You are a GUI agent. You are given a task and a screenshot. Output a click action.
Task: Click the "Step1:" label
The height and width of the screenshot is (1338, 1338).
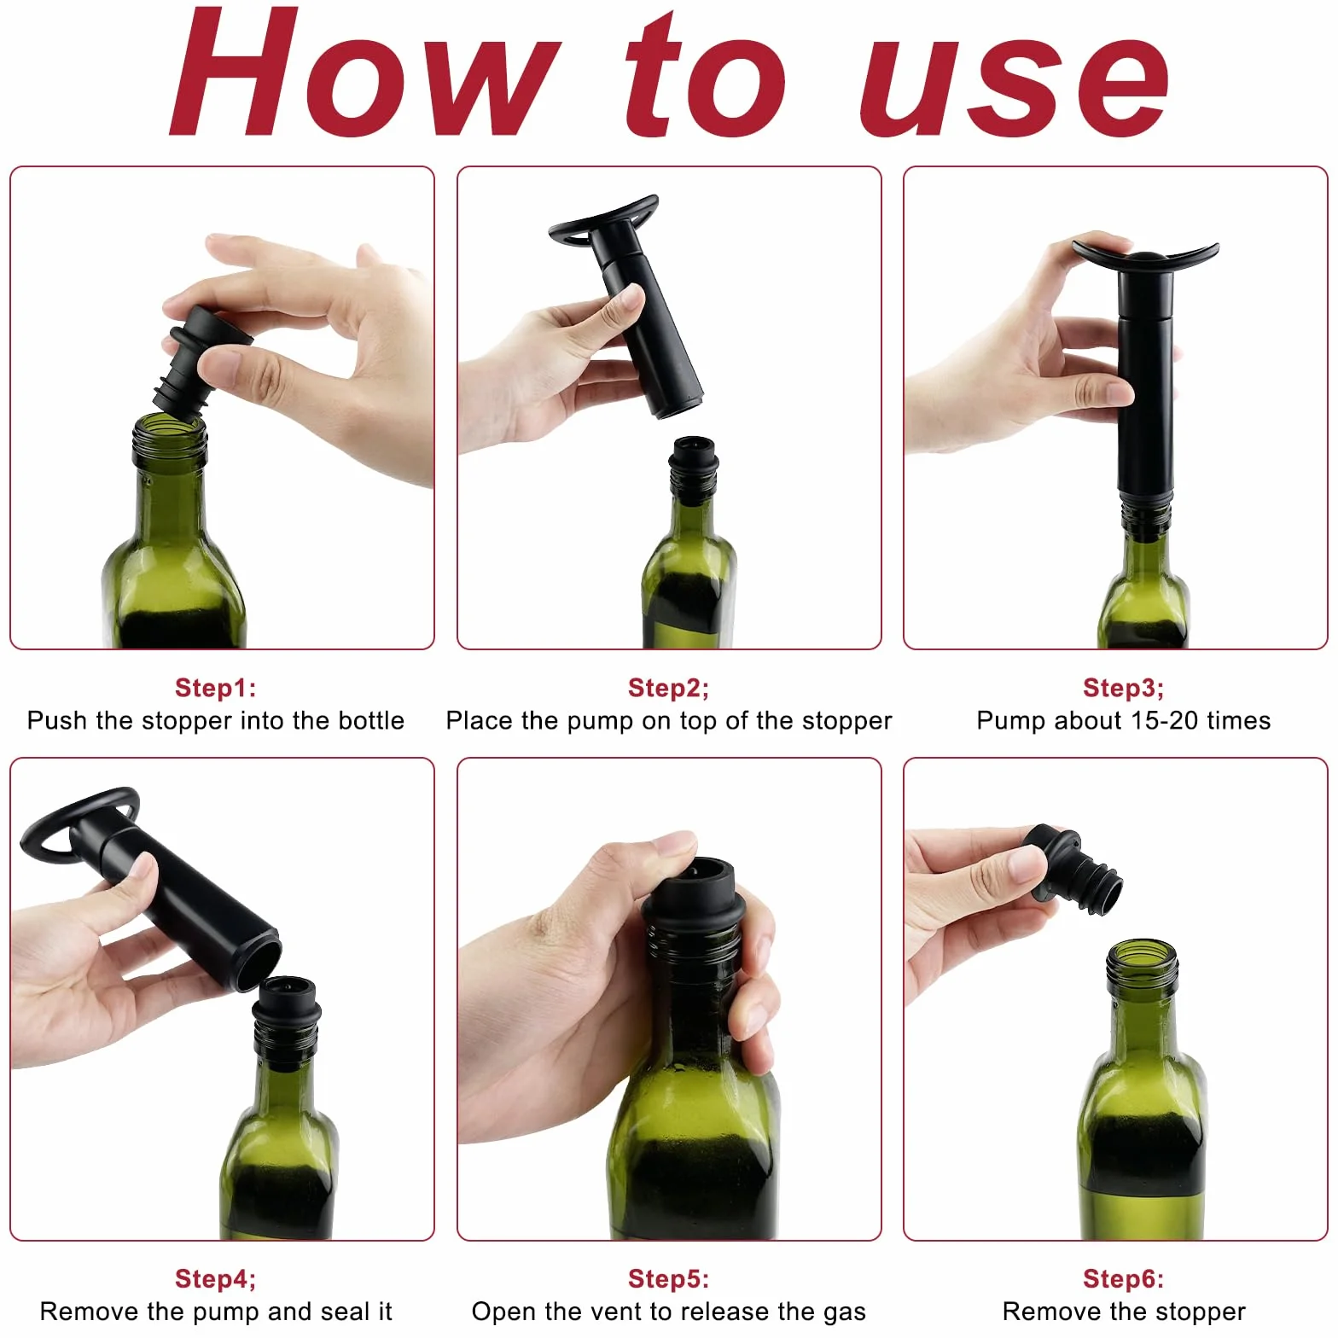215,688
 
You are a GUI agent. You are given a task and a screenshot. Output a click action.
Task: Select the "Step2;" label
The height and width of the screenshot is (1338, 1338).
668,688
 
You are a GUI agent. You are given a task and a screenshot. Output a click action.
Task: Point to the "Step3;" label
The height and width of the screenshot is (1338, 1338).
1123,688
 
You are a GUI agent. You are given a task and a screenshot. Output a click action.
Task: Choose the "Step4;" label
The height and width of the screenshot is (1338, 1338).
215,1278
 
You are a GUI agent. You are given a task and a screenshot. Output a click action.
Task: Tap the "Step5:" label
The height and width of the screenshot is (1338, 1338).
668,1278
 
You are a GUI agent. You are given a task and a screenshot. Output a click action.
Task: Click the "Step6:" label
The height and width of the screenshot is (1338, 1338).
1123,1278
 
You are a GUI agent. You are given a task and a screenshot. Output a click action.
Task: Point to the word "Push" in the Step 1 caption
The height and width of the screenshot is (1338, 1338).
58,720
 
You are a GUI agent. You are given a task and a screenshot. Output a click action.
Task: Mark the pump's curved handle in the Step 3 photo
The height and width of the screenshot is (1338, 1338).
1145,257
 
